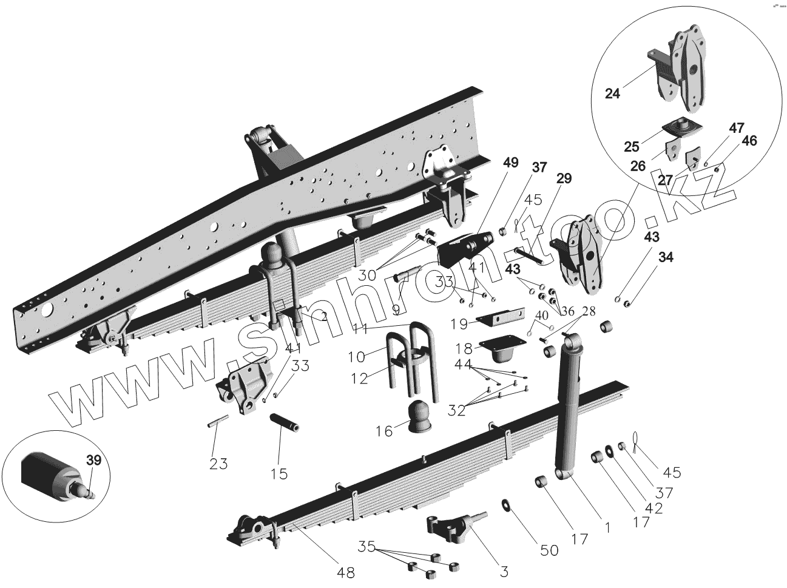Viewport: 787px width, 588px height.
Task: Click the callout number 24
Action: pos(613,93)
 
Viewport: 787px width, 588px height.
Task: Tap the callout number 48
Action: pos(346,572)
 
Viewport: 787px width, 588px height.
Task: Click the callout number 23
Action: pos(218,464)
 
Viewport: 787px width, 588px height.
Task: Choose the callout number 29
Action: pos(564,178)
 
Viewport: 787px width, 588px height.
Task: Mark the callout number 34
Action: pos(666,257)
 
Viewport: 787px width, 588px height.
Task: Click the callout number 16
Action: pos(384,431)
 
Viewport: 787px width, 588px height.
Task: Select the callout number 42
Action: pos(654,509)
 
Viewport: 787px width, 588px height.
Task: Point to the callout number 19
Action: pos(459,324)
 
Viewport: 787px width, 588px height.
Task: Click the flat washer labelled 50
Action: pos(505,504)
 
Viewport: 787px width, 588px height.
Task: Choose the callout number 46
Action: pos(749,141)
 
